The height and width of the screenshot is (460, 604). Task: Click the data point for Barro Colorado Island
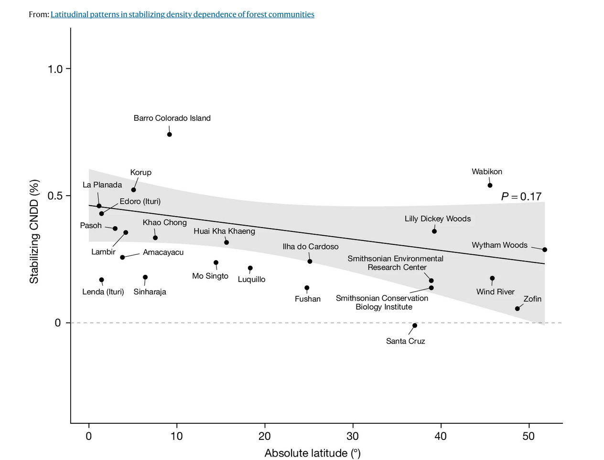170,135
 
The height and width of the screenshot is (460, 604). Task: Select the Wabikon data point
490,185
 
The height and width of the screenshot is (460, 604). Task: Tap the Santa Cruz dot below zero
415,325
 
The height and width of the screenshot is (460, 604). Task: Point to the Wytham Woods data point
545,250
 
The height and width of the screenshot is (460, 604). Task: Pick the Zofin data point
518,309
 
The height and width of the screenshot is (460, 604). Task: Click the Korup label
141,172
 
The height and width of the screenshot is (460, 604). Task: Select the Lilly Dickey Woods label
438,219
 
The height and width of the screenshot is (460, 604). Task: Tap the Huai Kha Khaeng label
224,231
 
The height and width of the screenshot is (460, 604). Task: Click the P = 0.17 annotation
521,197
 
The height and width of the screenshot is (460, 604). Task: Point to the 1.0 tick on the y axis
55,69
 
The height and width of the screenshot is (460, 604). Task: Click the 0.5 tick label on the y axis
55,196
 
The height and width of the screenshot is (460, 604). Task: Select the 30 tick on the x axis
353,436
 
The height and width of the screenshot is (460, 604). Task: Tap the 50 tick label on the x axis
528,436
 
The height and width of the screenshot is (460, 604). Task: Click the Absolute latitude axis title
313,453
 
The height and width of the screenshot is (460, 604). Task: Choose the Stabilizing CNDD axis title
34,232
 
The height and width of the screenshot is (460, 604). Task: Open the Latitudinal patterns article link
183,14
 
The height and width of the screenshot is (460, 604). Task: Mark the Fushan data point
307,288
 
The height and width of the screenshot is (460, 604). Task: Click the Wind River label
496,292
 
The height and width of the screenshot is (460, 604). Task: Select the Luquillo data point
250,268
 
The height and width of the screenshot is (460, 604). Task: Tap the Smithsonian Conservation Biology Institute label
382,303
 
